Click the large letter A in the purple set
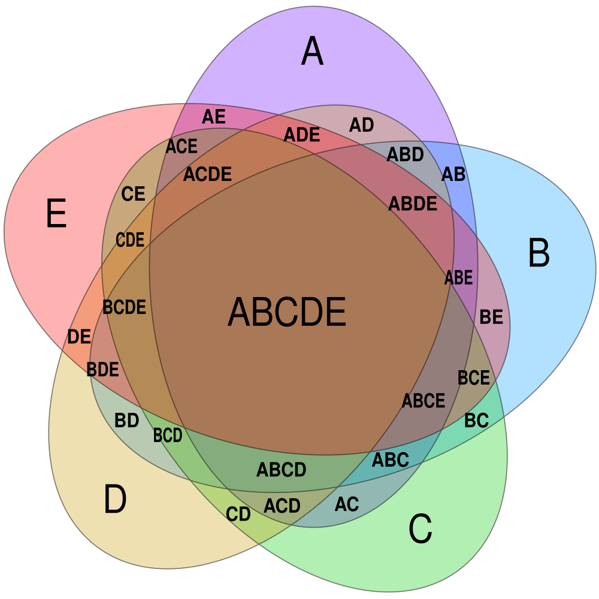(313, 51)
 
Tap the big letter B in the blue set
(539, 253)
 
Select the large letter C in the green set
(420, 529)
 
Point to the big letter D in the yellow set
(115, 498)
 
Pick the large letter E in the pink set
(56, 213)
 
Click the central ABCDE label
(287, 311)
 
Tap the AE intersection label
(214, 117)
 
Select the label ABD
(406, 155)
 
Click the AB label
(453, 174)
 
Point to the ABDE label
(413, 203)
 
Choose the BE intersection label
(491, 317)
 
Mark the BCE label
(474, 377)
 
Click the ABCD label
(282, 470)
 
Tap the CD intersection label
(238, 514)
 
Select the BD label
(127, 420)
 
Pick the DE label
(79, 337)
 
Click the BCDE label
(125, 307)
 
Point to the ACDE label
(207, 174)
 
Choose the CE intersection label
(134, 193)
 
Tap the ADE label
(302, 134)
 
